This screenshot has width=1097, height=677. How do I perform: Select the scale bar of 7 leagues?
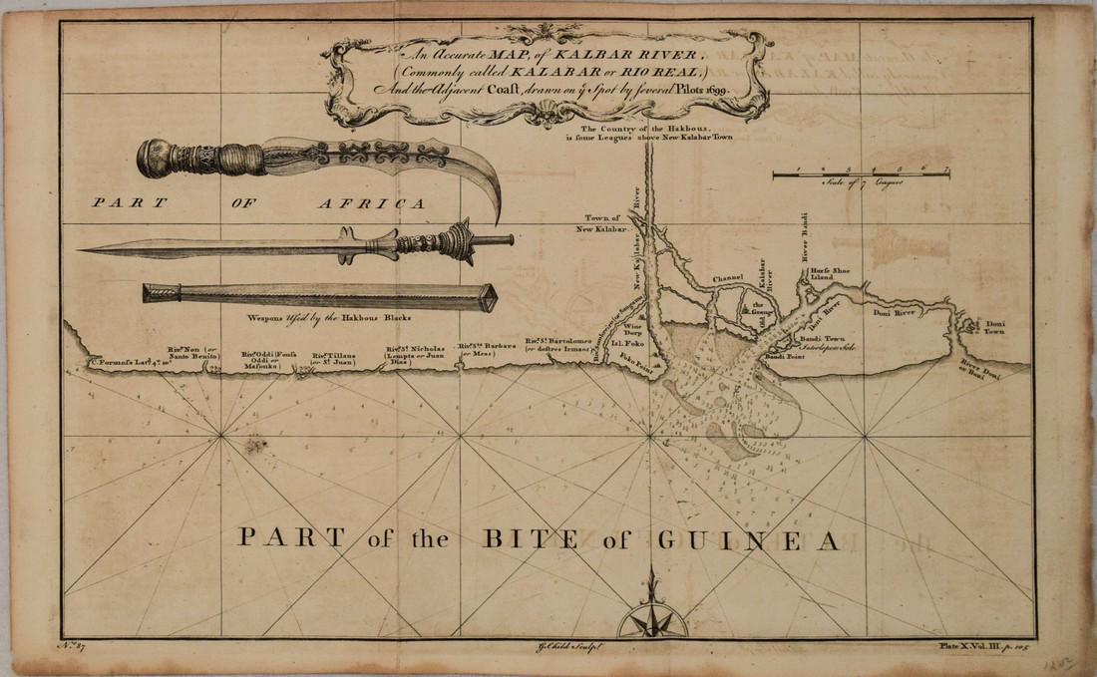861,174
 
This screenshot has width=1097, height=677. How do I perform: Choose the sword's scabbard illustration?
319,293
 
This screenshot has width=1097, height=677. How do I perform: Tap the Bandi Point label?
784,355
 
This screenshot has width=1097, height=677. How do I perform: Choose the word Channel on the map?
730,278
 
